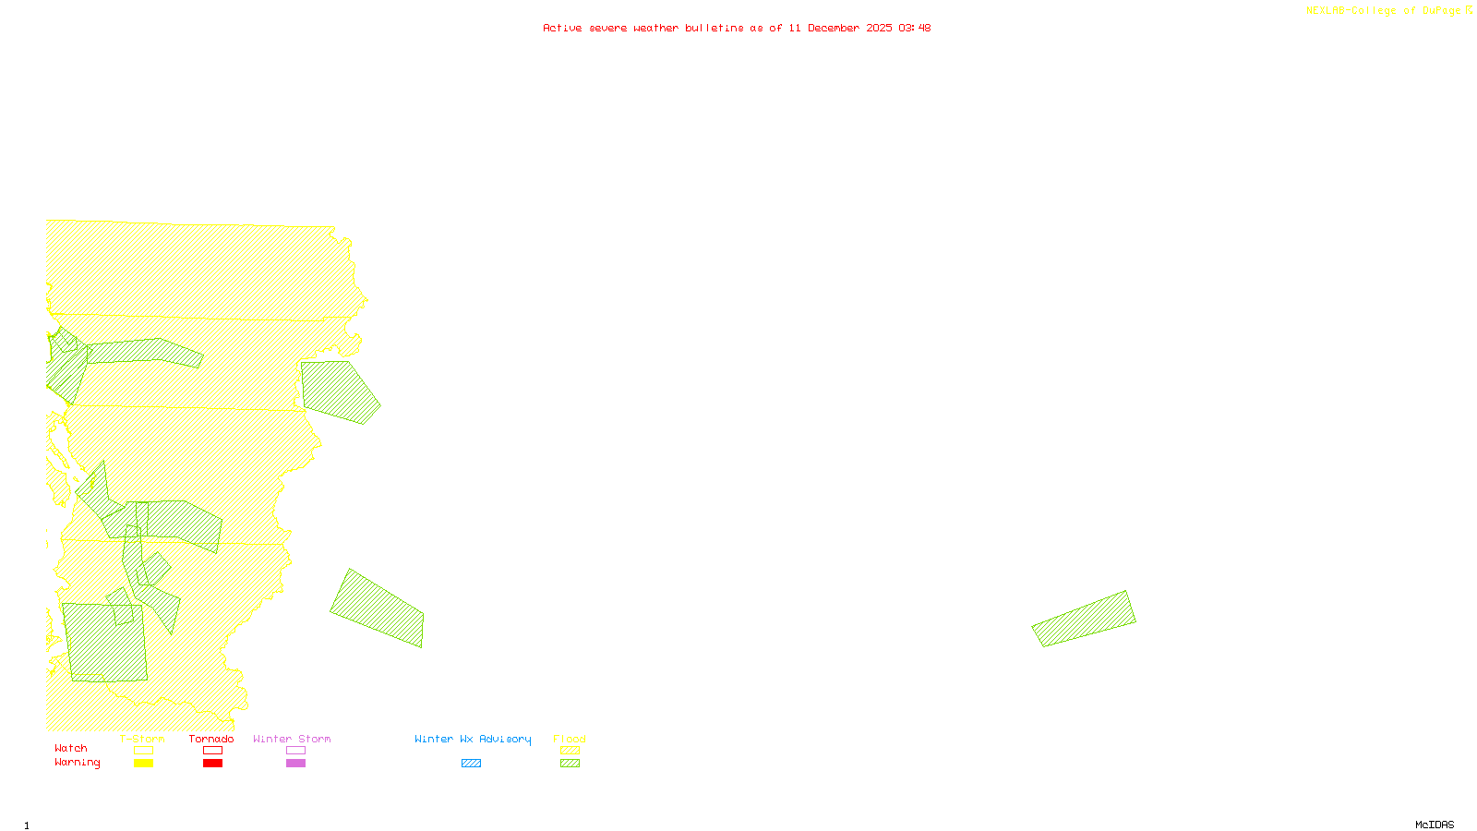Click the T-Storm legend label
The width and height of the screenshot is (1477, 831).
tap(142, 739)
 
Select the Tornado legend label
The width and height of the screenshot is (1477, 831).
tap(211, 739)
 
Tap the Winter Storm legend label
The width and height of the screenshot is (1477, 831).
tap(292, 739)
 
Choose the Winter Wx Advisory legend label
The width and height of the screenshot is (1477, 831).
tap(473, 739)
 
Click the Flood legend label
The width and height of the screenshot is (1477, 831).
tap(570, 739)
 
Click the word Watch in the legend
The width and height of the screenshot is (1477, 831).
tap(71, 748)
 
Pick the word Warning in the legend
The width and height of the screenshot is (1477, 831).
tap(77, 763)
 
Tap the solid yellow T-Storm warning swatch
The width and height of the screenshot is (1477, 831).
tap(143, 764)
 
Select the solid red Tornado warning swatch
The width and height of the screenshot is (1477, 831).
tap(213, 764)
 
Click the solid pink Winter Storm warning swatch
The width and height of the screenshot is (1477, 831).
tap(295, 764)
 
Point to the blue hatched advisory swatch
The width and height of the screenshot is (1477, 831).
tap(471, 764)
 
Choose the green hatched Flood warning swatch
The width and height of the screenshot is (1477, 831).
tap(570, 764)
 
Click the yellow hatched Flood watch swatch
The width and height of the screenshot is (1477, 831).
tap(570, 751)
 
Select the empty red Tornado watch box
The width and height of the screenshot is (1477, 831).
tap(213, 751)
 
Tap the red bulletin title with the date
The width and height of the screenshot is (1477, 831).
tap(737, 28)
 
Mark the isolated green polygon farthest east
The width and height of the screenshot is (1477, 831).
tap(1084, 619)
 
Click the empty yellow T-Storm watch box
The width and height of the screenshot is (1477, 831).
tap(143, 751)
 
